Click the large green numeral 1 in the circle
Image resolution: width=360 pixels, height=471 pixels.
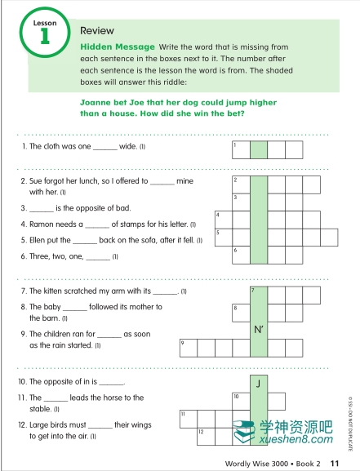point(45,36)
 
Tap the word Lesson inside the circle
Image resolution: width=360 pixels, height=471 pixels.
point(45,23)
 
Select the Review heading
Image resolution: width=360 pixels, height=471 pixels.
point(97,31)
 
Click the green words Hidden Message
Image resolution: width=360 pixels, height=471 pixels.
point(118,47)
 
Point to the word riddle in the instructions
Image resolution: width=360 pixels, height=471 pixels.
point(176,82)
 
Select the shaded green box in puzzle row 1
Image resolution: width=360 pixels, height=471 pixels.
point(259,149)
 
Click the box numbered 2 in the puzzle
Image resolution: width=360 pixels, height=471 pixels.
point(241,184)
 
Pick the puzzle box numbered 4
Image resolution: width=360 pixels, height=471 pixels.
point(224,220)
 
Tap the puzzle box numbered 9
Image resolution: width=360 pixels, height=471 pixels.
point(189,348)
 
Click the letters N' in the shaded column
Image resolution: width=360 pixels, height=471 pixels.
point(259,330)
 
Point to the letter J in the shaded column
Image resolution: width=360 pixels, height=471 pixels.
point(258,384)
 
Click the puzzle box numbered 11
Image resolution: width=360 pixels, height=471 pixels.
point(189,419)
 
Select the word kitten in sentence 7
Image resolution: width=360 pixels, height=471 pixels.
point(52,291)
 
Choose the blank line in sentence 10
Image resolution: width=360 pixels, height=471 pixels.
point(112,384)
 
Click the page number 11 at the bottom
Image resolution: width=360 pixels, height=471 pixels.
point(335,464)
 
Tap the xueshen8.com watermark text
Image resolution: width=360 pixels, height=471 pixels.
point(296,439)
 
